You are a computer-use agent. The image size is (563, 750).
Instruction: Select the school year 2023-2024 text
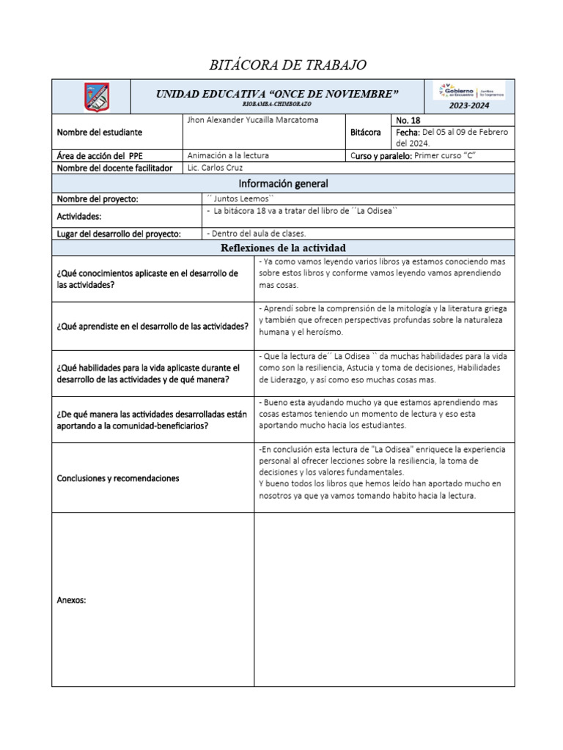coord(470,105)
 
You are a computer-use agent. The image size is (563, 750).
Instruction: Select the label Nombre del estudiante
coord(99,133)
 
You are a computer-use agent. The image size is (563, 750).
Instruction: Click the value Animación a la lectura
coord(228,155)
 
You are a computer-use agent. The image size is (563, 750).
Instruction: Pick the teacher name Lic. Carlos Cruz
coord(214,168)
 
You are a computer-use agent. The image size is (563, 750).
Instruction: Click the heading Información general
coord(283,183)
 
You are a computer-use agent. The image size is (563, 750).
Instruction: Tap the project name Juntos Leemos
coord(236,198)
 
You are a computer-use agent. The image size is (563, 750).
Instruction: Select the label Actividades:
coord(79,217)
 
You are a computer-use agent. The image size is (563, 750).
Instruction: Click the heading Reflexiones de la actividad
coord(283,248)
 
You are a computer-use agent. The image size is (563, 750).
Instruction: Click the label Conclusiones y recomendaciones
coord(117,478)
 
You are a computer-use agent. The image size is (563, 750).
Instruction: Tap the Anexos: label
coord(71,600)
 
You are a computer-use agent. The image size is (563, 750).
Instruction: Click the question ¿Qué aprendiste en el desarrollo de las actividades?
coord(152,326)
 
